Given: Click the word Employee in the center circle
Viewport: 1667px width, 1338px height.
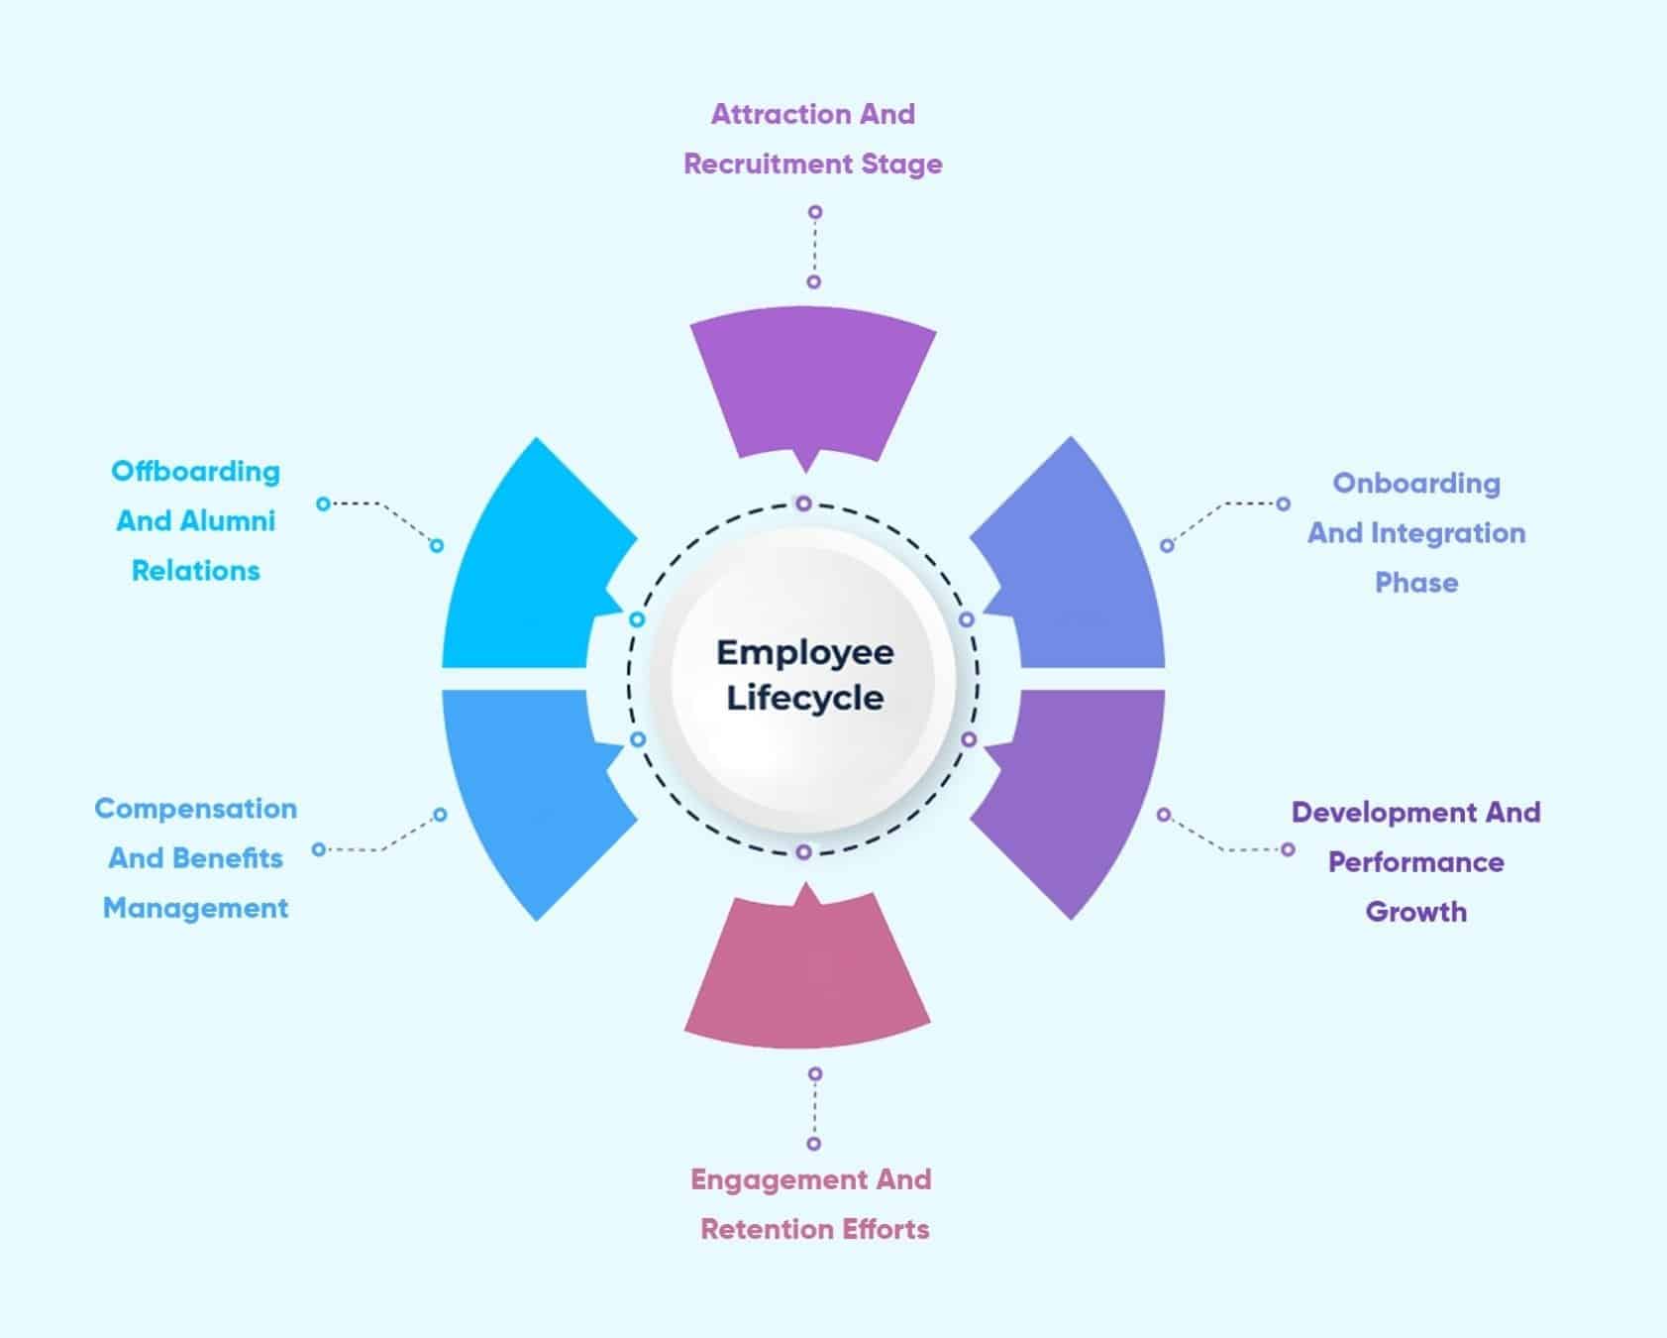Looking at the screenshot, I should [804, 652].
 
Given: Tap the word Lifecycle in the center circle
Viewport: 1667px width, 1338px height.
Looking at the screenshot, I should [804, 698].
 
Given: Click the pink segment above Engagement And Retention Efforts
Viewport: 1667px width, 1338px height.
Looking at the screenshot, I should [807, 976].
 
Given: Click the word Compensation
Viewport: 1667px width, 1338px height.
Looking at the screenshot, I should [195, 809].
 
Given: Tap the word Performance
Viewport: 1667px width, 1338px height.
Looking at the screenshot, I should [1415, 862].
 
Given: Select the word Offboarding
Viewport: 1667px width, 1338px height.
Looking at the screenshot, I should [195, 471].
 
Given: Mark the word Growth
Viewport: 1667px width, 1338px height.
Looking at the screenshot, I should [1415, 912].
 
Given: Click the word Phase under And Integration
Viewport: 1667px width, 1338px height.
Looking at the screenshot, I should [1415, 583].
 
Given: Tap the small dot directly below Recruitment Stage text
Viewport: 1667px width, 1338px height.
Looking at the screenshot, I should [814, 212].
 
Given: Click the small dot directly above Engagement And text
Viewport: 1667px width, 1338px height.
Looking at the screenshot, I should [814, 1144].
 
